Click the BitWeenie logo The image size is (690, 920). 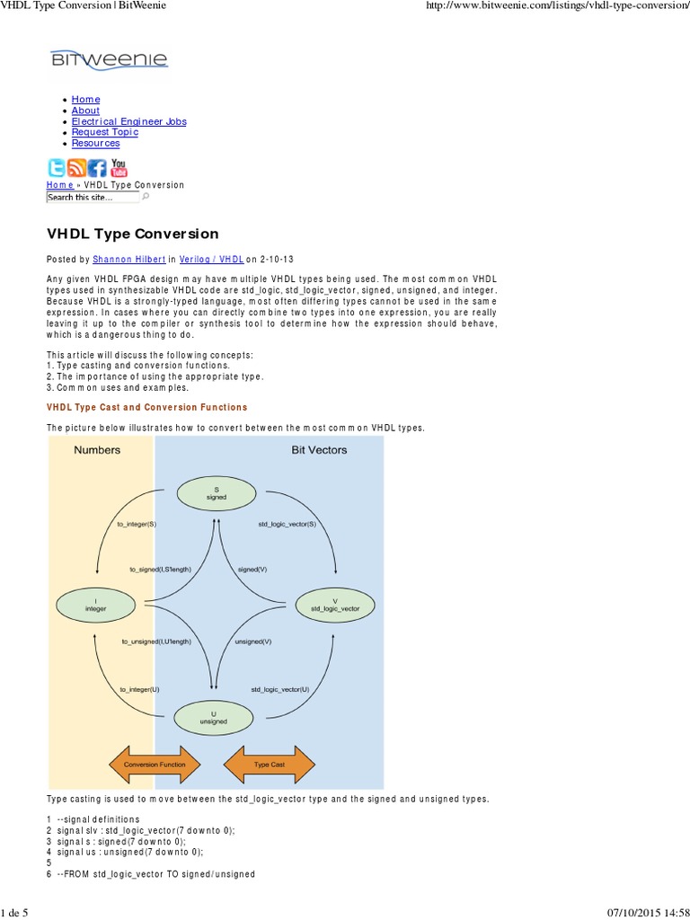pos(109,62)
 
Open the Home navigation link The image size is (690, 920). pos(85,99)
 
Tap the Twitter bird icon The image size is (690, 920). pos(57,168)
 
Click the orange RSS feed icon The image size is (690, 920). pos(77,168)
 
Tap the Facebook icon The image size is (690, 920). pos(98,168)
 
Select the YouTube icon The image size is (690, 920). pos(119,168)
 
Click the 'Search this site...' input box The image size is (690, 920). pos(93,197)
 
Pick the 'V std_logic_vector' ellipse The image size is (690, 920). pos(335,605)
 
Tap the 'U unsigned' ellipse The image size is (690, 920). pos(214,717)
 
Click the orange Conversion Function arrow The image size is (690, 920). pos(155,765)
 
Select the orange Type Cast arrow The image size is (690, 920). pos(269,765)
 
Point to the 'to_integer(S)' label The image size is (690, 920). pos(137,523)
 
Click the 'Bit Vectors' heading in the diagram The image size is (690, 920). pos(319,450)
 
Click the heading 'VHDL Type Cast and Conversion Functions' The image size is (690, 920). pos(146,407)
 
